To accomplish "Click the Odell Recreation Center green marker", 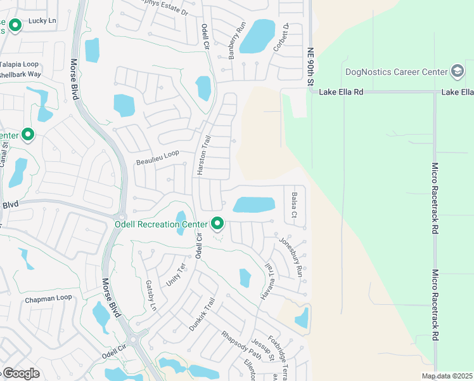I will (x=217, y=224).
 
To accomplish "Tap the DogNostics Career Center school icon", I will (x=456, y=71).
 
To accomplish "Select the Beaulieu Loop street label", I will (x=158, y=158).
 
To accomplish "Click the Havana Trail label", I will (x=267, y=282).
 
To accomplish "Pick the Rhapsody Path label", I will (x=241, y=344).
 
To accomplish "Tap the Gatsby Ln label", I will (x=151, y=295).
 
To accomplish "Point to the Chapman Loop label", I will (x=48, y=298).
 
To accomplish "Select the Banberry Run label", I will (x=233, y=40).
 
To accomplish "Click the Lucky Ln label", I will (x=42, y=21).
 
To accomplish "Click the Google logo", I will (x=21, y=373).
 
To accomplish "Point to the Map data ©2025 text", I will (x=447, y=376).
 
